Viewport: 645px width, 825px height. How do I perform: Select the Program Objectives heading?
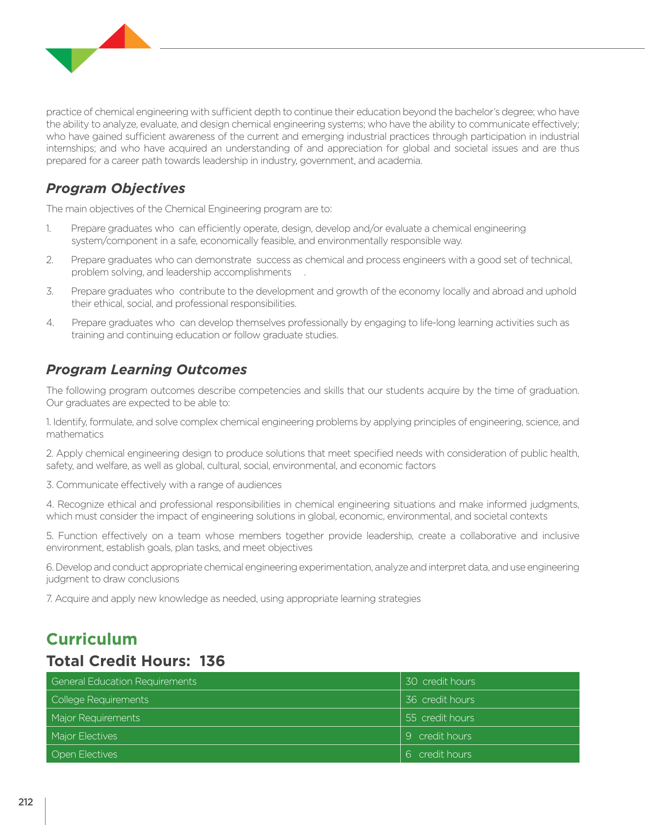pyautogui.click(x=116, y=188)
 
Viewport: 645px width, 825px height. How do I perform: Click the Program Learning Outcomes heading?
pyautogui.click(x=146, y=369)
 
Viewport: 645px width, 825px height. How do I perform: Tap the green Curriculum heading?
pyautogui.click(x=92, y=639)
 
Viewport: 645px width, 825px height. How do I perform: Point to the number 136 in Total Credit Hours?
pyautogui.click(x=212, y=661)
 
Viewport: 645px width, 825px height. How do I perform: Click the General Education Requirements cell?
pyautogui.click(x=124, y=681)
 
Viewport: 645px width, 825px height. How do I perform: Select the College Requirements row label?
pyautogui.click(x=100, y=699)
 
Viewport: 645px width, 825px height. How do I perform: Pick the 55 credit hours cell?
pyautogui.click(x=440, y=718)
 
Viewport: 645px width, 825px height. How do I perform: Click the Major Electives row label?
pyautogui.click(x=85, y=736)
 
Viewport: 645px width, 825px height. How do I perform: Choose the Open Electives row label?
pyautogui.click(x=85, y=754)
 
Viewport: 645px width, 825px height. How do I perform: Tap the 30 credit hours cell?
pyautogui.click(x=440, y=681)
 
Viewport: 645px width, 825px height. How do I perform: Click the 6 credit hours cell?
pyautogui.click(x=438, y=754)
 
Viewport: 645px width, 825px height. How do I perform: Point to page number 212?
pyautogui.click(x=26, y=802)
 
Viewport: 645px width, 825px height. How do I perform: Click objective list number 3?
pyautogui.click(x=50, y=291)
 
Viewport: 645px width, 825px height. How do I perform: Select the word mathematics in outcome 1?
pyautogui.click(x=75, y=434)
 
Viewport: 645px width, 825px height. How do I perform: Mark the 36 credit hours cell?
pyautogui.click(x=440, y=699)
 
